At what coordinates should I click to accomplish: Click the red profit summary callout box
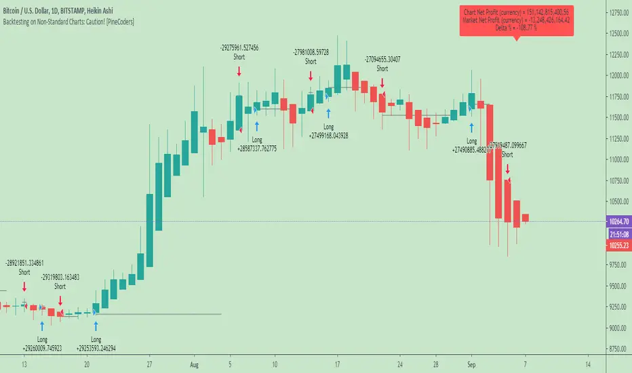pos(517,21)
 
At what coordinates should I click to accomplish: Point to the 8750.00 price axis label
pos(616,349)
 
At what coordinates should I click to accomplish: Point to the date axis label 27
pos(149,364)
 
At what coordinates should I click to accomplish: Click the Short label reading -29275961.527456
pos(239,53)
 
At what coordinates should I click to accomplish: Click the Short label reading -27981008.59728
pos(311,56)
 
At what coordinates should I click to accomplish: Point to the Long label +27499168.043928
pos(329,131)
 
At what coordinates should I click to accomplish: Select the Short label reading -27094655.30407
pos(382,63)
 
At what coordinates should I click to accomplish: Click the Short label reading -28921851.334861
pos(24,267)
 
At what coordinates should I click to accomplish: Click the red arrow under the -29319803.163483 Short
pos(60,300)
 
